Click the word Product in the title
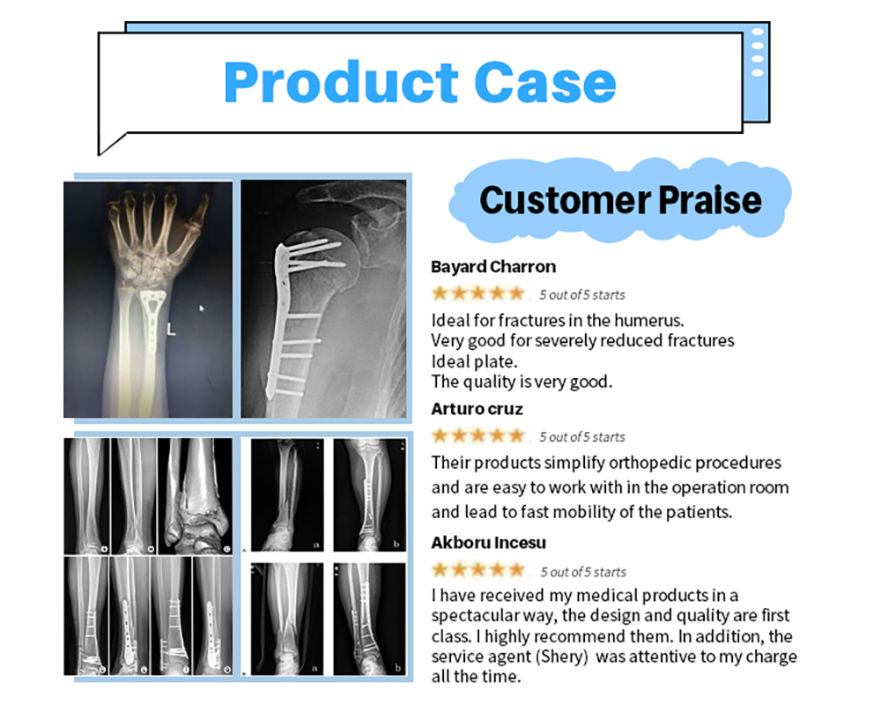click(x=341, y=82)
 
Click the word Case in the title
click(x=545, y=82)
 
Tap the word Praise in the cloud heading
click(x=710, y=200)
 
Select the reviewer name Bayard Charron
click(x=493, y=267)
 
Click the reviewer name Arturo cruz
click(x=477, y=409)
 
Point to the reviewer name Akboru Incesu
click(x=488, y=543)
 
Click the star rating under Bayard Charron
click(x=478, y=293)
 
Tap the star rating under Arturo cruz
click(x=478, y=435)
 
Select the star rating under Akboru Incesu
click(x=478, y=570)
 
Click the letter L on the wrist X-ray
click(x=171, y=330)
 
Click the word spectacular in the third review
click(x=475, y=616)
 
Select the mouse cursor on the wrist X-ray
click(x=202, y=308)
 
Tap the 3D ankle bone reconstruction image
click(x=196, y=497)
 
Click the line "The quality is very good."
click(x=522, y=382)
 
